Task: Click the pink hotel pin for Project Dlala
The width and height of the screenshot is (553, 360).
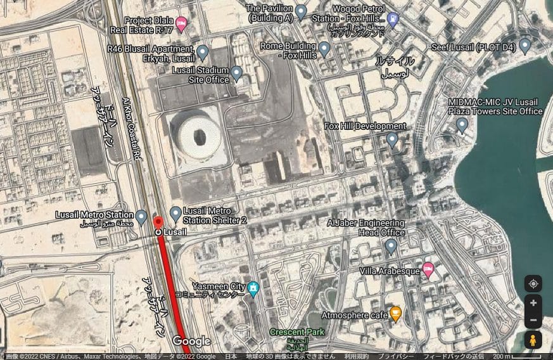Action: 181,23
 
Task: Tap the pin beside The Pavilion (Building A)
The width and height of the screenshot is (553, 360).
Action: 302,11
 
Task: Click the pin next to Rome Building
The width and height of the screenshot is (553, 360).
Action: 324,48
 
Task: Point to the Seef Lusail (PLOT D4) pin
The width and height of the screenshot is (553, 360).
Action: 524,46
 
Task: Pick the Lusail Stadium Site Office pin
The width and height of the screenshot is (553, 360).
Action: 237,73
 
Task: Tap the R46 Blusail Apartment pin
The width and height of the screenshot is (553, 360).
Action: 203,52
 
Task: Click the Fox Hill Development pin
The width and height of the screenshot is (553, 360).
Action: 392,139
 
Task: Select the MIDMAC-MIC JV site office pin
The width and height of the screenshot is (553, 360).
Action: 462,124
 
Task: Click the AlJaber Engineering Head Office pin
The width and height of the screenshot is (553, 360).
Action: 391,245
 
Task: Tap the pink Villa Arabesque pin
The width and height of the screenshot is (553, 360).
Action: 428,270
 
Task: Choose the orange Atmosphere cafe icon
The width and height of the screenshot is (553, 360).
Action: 396,312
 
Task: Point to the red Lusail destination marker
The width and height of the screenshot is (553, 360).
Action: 158,223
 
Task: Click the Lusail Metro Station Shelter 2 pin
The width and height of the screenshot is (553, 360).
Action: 175,213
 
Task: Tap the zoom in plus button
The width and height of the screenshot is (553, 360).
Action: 533,303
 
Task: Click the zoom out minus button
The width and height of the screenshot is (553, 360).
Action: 533,321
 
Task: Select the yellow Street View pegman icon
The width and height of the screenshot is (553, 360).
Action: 533,340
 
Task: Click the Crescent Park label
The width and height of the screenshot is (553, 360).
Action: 296,332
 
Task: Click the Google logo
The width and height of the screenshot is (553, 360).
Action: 191,341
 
